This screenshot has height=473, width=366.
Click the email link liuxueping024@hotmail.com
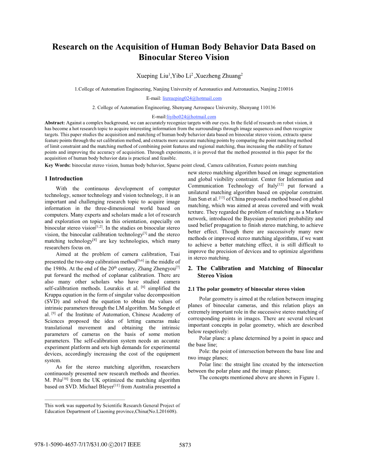[192, 98]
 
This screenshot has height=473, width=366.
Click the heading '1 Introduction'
[63, 179]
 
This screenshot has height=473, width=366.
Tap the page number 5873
[185, 445]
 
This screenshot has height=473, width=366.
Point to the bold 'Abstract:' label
[55, 122]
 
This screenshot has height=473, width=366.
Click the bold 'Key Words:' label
[58, 165]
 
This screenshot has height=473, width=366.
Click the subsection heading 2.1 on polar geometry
[246, 289]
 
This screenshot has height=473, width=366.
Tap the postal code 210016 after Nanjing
[285, 89]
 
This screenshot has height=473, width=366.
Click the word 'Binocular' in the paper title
[158, 58]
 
